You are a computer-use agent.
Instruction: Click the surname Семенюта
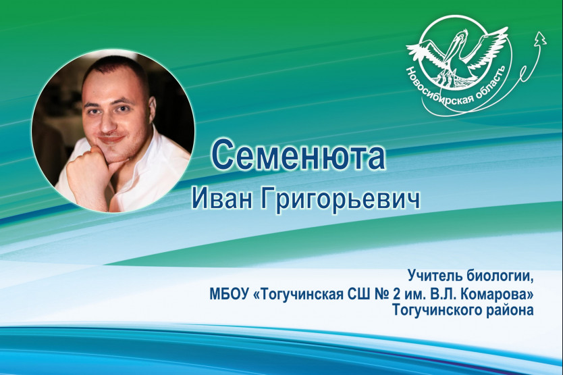coord(298,155)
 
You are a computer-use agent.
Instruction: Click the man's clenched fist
coord(83,169)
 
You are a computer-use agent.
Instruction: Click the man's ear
coord(152,109)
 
